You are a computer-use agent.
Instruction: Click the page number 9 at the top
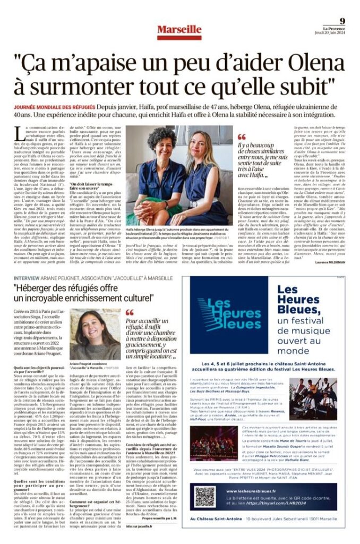click(342, 21)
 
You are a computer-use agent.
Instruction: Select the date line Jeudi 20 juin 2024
click(333, 33)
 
